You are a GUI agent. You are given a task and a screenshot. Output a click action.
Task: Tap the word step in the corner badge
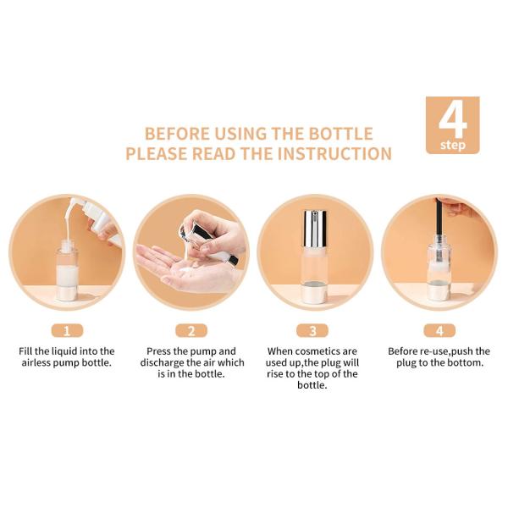point(453,145)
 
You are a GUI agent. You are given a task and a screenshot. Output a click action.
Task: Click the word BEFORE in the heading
point(177,134)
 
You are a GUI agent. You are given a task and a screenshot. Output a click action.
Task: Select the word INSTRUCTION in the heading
point(334,153)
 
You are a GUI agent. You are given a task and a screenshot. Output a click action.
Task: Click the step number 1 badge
point(67,331)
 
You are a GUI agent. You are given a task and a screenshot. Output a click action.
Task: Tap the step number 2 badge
point(191,331)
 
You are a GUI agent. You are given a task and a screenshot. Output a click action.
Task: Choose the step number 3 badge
point(312,331)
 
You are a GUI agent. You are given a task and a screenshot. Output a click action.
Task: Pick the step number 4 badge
point(439,331)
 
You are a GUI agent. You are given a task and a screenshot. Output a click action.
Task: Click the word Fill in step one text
point(25,351)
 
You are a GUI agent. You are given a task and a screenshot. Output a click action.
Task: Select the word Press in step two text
point(159,351)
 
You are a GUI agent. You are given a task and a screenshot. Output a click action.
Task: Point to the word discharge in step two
point(161,363)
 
